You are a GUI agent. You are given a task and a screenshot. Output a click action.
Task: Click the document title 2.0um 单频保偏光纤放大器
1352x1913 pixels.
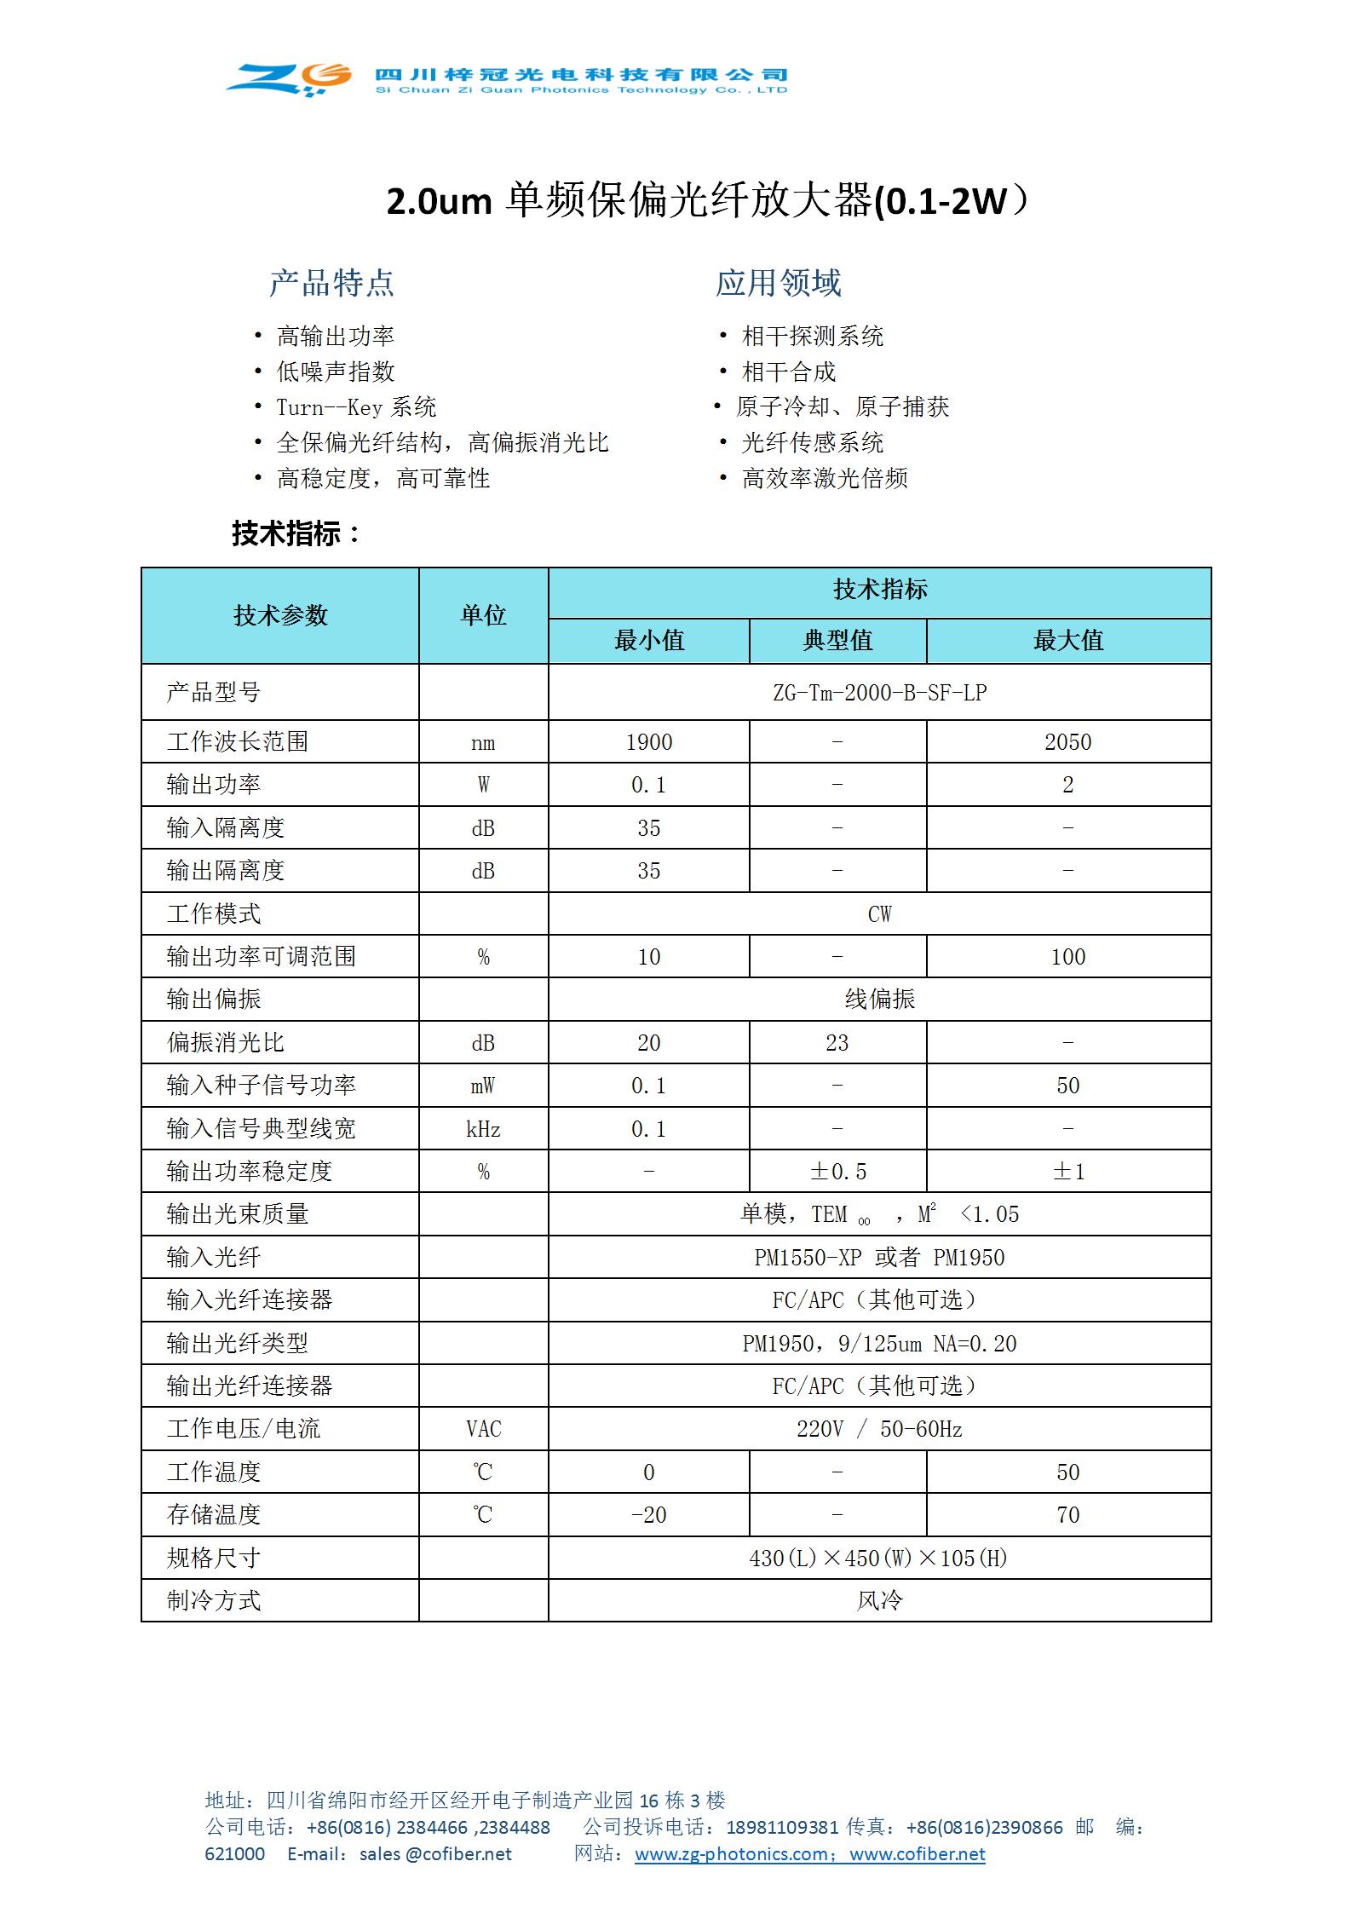point(707,201)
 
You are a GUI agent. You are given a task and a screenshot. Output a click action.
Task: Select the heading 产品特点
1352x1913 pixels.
point(331,283)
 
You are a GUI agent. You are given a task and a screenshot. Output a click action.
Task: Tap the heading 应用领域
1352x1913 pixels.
point(778,283)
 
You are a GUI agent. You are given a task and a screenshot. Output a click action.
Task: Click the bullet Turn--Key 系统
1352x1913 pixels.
point(356,407)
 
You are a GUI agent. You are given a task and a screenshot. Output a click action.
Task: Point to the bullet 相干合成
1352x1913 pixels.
point(788,372)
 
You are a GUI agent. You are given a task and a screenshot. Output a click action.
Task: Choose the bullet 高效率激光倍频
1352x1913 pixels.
point(824,478)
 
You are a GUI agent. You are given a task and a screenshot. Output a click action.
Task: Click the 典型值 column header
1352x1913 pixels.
point(837,641)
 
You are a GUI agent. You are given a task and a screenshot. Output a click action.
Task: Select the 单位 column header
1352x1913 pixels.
point(483,615)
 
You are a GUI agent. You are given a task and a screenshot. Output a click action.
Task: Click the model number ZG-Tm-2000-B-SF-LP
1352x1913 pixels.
point(879,693)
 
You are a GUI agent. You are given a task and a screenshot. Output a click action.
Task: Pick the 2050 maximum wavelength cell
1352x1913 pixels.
point(1067,742)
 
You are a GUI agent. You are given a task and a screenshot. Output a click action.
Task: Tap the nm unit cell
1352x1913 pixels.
point(483,743)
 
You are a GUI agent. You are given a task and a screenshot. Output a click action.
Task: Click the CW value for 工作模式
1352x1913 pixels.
point(879,914)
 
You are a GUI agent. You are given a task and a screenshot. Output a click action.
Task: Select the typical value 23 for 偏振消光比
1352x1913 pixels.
point(837,1043)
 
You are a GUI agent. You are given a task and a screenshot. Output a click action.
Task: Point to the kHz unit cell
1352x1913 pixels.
point(483,1129)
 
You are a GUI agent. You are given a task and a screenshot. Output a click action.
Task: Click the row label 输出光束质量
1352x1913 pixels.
point(238,1214)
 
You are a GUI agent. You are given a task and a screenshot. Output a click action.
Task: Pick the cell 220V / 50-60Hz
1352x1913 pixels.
point(879,1429)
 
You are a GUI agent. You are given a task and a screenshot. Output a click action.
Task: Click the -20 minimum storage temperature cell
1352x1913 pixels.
point(648,1515)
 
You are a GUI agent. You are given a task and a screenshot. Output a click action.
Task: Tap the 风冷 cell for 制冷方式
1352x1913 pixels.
point(879,1600)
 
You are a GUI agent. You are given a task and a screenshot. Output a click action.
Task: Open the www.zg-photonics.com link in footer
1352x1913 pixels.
point(731,1854)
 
